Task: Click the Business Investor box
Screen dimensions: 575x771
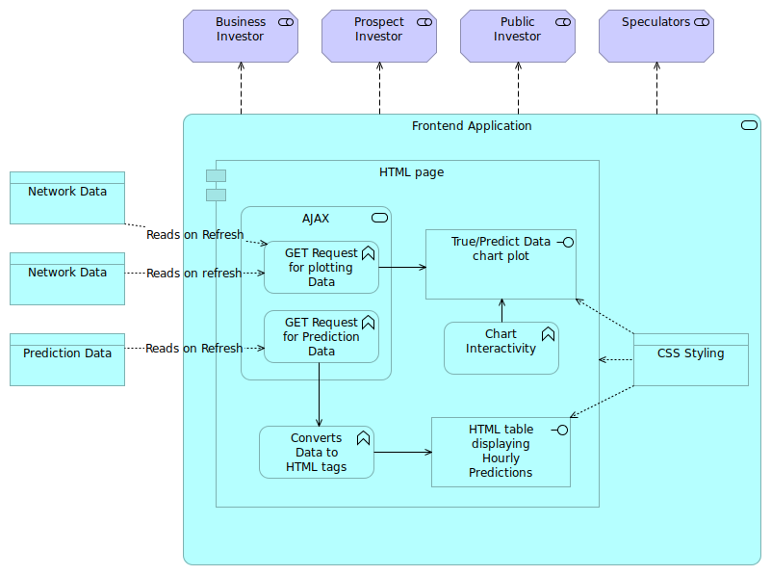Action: point(241,37)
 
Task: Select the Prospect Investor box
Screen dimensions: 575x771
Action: point(379,37)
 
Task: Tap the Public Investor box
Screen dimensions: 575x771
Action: point(518,37)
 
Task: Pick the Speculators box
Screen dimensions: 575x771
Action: point(656,37)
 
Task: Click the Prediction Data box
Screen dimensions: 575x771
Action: point(67,359)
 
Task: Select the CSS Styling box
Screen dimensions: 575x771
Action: point(690,359)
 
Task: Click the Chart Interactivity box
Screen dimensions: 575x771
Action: point(501,348)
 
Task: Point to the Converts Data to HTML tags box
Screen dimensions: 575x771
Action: point(316,452)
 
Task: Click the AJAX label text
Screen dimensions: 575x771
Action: point(316,219)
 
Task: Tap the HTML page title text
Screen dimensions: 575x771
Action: point(411,172)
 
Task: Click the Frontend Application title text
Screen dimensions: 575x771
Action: point(472,126)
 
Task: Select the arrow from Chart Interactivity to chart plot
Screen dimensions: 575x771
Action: point(501,310)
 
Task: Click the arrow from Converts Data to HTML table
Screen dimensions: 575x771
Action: point(402,452)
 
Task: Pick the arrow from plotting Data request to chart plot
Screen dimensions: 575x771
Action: point(402,267)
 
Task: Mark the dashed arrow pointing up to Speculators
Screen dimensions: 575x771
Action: point(657,89)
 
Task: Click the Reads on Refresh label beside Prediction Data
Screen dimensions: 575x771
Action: point(193,348)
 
